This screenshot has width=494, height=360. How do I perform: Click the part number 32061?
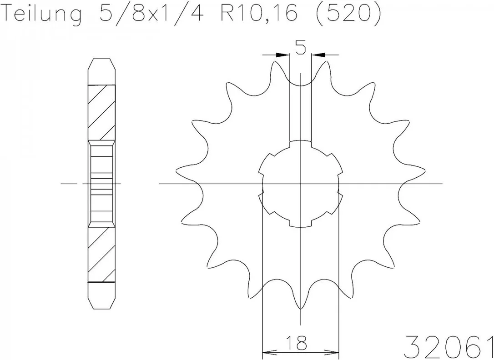click(x=449, y=346)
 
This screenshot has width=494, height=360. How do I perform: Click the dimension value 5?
click(x=300, y=48)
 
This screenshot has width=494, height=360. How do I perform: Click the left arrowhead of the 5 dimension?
click(x=282, y=55)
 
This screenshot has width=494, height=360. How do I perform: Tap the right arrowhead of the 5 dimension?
click(x=318, y=55)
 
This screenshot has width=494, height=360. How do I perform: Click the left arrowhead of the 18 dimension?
click(x=269, y=351)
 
